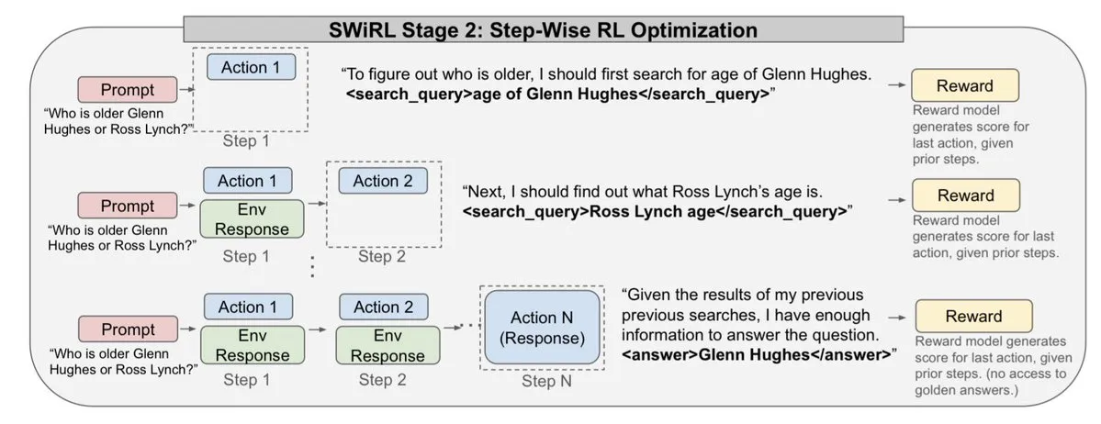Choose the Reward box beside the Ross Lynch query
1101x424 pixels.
coord(965,195)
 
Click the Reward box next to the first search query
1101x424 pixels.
coord(964,85)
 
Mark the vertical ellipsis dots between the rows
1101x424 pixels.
coord(313,267)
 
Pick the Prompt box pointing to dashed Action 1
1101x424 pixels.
coord(128,90)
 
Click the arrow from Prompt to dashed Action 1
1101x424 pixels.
coord(185,90)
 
